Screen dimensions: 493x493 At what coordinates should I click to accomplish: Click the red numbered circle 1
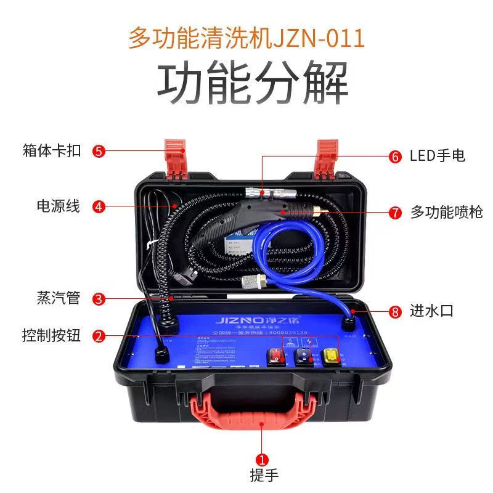point(262,459)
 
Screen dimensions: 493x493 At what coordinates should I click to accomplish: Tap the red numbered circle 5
point(99,150)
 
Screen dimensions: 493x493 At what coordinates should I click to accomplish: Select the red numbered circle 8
point(395,311)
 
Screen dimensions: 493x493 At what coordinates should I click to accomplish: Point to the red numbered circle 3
point(99,299)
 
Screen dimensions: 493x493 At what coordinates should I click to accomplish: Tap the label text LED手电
point(438,156)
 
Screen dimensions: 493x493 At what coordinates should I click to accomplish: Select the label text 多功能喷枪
point(446,213)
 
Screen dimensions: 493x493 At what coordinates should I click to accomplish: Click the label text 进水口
point(431,311)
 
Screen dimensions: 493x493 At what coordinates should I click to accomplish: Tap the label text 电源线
point(59,206)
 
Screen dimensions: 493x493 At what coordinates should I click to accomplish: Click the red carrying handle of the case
point(262,410)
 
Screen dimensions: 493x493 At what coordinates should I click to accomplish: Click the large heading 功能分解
point(252,84)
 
